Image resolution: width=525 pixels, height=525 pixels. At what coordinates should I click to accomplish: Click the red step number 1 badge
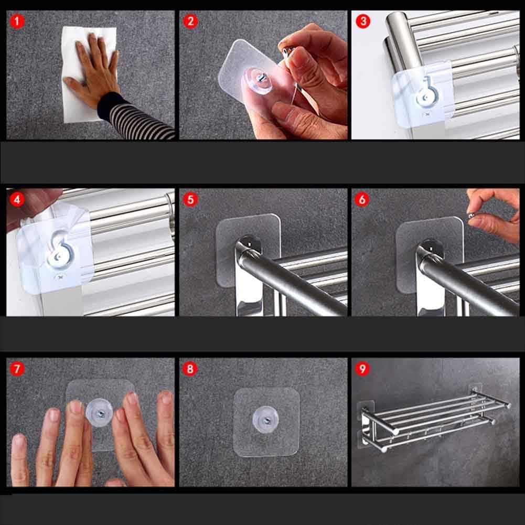click(17, 22)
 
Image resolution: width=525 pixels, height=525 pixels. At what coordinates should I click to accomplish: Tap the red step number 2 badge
click(190, 22)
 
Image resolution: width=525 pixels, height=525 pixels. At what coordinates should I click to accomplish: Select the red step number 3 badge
click(362, 22)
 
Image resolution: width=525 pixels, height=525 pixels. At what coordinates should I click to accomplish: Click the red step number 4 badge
click(17, 200)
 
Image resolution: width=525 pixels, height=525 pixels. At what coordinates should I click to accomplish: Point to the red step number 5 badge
click(190, 200)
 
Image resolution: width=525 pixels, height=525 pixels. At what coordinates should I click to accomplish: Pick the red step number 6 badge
click(362, 200)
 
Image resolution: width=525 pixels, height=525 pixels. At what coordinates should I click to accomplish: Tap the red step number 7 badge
click(17, 369)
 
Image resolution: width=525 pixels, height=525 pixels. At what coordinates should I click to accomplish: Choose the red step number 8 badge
click(190, 369)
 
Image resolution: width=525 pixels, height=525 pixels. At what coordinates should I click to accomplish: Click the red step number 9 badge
click(362, 369)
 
